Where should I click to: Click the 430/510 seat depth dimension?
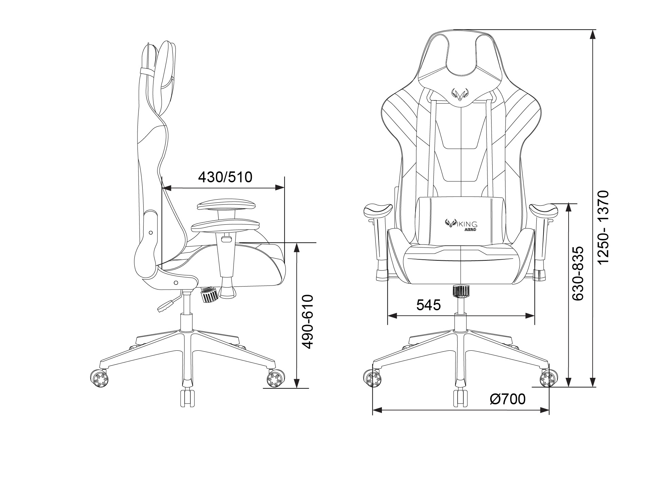tap(225, 177)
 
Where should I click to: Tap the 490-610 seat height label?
tap(308, 322)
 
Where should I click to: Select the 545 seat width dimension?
tap(428, 305)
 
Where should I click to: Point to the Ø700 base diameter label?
tap(507, 399)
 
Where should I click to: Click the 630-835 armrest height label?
tap(578, 273)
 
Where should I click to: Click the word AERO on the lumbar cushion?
tap(470, 229)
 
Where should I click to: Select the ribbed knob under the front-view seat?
tap(461, 291)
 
